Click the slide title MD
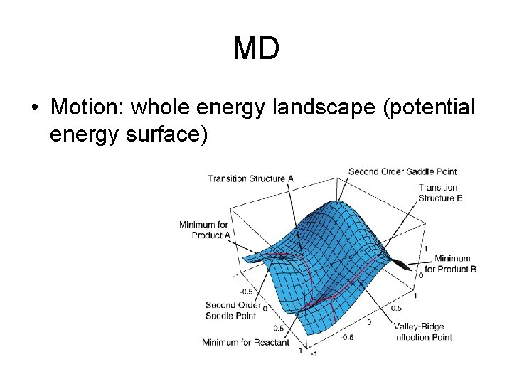point(256,48)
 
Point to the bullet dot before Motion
point(34,109)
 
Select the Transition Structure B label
point(440,193)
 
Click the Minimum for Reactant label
point(245,343)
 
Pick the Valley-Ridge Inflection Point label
point(423,332)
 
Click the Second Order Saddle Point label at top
point(402,171)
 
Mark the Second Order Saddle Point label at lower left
point(233,310)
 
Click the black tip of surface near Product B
point(402,265)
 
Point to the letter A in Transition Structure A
point(290,178)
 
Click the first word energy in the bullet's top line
point(235,107)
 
